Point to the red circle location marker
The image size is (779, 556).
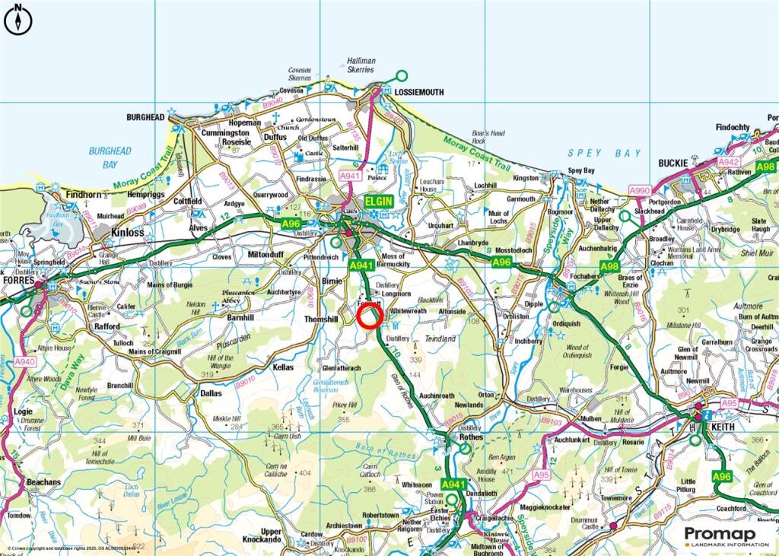[369, 316]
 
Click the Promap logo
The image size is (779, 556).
[726, 536]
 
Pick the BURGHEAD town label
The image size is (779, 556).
[145, 118]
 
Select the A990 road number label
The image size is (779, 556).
[639, 190]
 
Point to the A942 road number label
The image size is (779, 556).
[729, 162]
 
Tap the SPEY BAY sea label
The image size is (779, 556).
[605, 153]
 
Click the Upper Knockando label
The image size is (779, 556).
[271, 536]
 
